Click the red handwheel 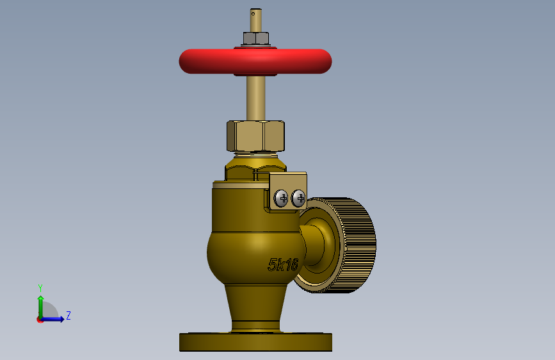[x=255, y=61]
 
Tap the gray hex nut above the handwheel [x=255, y=38]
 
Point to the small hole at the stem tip [x=253, y=14]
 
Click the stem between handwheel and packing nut [x=255, y=98]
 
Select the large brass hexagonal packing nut [x=255, y=136]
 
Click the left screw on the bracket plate [x=282, y=198]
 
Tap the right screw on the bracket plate [x=298, y=198]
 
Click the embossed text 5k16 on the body [x=283, y=265]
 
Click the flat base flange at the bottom [x=255, y=342]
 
